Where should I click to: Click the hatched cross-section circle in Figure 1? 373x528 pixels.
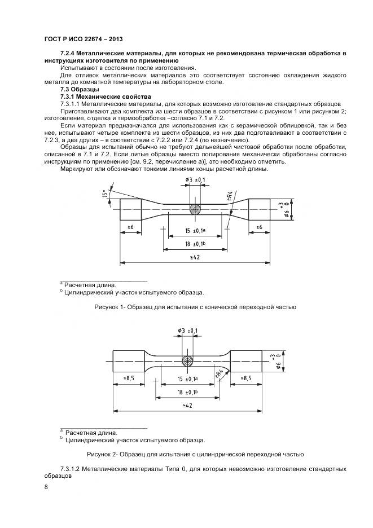click(x=195, y=208)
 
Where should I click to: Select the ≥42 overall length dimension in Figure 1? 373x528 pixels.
click(x=195, y=257)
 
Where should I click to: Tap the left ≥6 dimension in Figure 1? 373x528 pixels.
click(x=130, y=227)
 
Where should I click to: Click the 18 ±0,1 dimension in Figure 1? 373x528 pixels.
click(x=195, y=244)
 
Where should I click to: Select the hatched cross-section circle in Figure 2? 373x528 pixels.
click(x=187, y=359)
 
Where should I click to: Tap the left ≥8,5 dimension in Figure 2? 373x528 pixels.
click(x=129, y=379)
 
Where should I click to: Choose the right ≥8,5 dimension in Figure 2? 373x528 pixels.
click(x=246, y=379)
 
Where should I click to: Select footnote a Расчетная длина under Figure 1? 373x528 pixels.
click(x=89, y=285)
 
